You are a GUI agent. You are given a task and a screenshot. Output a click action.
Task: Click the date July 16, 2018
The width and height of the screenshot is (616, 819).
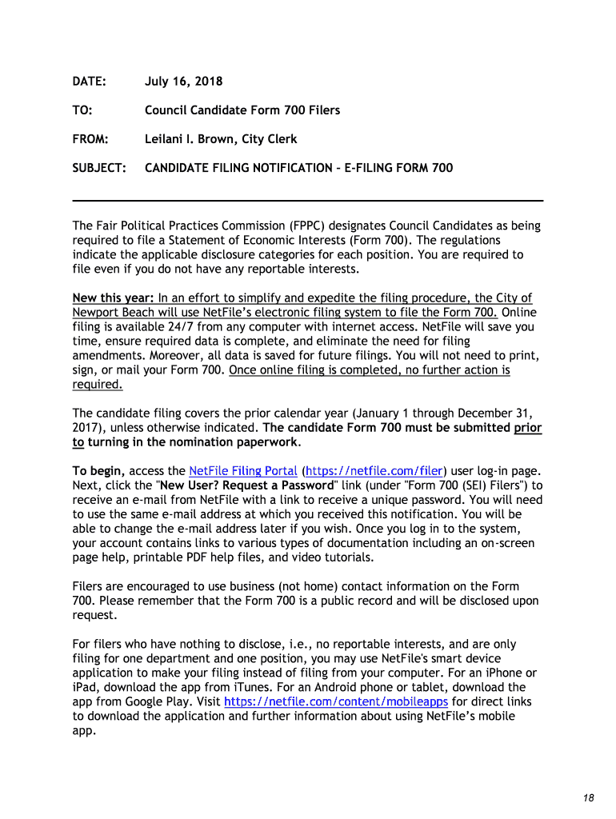coord(183,82)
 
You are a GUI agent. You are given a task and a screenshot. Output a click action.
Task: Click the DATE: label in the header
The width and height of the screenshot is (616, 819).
coord(89,82)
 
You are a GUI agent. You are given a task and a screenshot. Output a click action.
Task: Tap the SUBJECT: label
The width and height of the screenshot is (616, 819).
coord(99,168)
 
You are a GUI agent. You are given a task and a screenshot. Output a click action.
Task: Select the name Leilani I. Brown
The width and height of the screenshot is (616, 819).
coord(187,139)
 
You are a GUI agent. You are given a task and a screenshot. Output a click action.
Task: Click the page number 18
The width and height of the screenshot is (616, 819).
coord(589,798)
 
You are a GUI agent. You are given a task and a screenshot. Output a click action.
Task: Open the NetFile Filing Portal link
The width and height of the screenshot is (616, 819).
coord(242,470)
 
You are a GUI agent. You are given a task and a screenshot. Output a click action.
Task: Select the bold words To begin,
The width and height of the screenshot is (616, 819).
coord(98,470)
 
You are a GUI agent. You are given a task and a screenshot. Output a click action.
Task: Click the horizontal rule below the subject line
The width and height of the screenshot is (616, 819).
coord(308,200)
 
